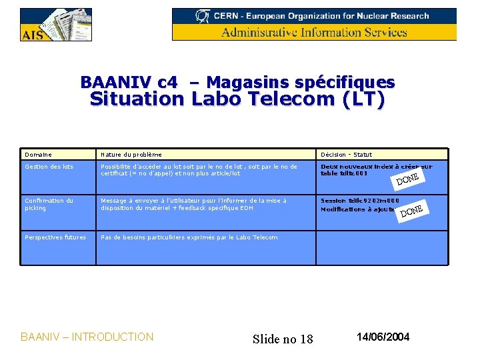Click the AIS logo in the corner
click(55, 25)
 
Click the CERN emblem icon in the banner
click(202, 15)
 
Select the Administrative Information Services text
click(314, 32)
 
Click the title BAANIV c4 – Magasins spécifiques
click(237, 83)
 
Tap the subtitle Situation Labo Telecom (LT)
click(237, 100)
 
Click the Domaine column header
click(38, 154)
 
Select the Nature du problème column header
click(131, 154)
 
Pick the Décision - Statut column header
click(347, 154)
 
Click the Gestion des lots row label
click(49, 167)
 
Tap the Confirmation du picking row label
click(49, 204)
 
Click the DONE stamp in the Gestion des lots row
click(407, 179)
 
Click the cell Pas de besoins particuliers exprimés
click(189, 237)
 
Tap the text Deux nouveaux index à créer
click(376, 167)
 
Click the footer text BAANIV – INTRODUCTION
click(87, 337)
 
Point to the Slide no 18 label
click(283, 339)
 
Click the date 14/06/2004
click(383, 337)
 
